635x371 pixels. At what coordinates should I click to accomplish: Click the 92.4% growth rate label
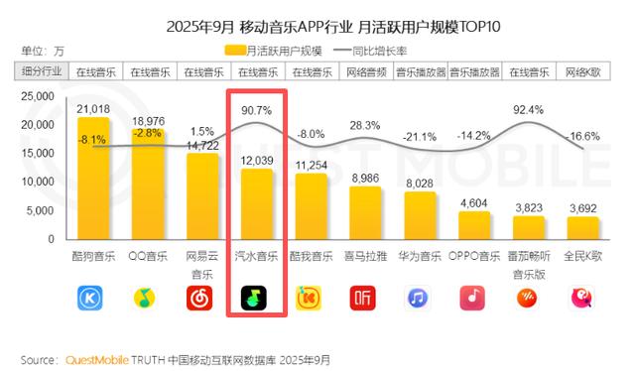pos(527,109)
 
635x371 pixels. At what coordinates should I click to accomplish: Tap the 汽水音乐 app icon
pos(257,297)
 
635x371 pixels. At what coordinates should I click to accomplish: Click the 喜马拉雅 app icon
pos(365,297)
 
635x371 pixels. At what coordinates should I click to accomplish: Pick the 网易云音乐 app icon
pos(202,297)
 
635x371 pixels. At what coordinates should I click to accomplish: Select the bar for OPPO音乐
pos(473,225)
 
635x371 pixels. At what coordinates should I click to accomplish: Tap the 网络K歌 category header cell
pos(582,71)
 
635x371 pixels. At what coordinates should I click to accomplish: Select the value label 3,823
pos(528,207)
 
